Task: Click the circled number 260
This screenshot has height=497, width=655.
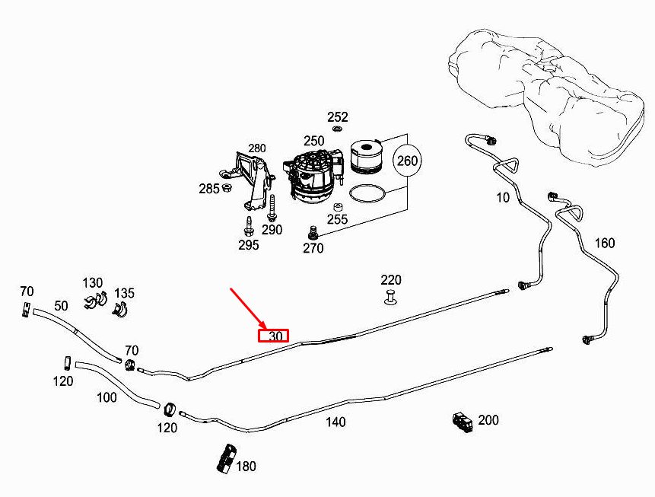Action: pyautogui.click(x=407, y=161)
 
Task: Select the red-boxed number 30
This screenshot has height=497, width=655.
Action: pyautogui.click(x=274, y=336)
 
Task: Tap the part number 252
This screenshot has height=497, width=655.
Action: pyautogui.click(x=338, y=117)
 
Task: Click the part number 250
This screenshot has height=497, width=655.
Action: pyautogui.click(x=314, y=141)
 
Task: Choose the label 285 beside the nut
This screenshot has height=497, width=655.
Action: pyautogui.click(x=209, y=188)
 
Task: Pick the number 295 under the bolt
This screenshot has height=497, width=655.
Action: pyautogui.click(x=248, y=244)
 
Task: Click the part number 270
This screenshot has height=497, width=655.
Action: pyautogui.click(x=313, y=247)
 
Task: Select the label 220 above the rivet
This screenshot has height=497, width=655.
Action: pyautogui.click(x=391, y=280)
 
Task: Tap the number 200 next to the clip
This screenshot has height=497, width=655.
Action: pyautogui.click(x=488, y=420)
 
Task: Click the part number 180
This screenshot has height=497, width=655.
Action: pyautogui.click(x=246, y=466)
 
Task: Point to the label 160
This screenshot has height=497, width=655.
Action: pyautogui.click(x=604, y=244)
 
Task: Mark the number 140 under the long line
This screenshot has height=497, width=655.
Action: pyautogui.click(x=335, y=422)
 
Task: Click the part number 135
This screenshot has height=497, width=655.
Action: pyautogui.click(x=125, y=294)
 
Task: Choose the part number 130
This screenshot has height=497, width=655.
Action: pyautogui.click(x=93, y=282)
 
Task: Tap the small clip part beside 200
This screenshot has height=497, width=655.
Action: pyautogui.click(x=462, y=421)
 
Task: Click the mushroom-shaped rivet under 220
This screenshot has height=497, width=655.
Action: pyautogui.click(x=390, y=298)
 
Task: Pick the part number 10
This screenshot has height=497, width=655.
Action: pyautogui.click(x=503, y=198)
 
